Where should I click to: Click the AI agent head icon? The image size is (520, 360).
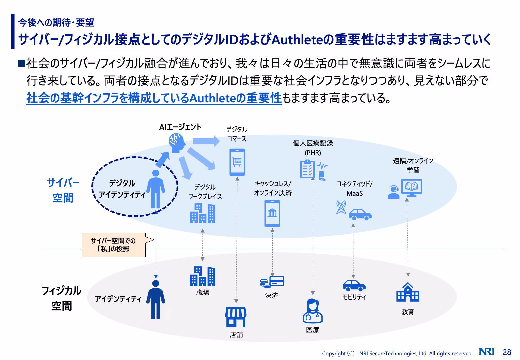(177, 143)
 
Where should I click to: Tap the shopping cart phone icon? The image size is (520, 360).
(237, 162)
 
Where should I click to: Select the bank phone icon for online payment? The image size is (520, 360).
(272, 213)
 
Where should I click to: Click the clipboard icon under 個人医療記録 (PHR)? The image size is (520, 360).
(307, 169)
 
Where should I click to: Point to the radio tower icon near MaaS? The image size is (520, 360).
(341, 207)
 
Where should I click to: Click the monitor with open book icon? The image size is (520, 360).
(412, 188)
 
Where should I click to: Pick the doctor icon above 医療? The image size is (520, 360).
(313, 311)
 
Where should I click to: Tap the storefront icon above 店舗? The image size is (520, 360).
(236, 317)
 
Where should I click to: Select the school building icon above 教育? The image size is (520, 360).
(408, 292)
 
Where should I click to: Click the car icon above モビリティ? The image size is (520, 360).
(354, 286)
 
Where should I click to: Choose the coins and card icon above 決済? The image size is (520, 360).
(272, 282)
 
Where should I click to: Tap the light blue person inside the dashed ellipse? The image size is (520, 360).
(156, 189)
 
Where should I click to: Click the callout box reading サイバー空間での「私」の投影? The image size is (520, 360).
(114, 245)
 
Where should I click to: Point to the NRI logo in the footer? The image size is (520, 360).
(487, 351)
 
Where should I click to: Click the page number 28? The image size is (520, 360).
(507, 352)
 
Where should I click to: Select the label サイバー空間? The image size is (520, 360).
(63, 190)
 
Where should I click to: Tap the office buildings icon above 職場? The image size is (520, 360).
(202, 276)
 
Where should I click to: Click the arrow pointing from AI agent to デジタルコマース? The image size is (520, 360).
(206, 141)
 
